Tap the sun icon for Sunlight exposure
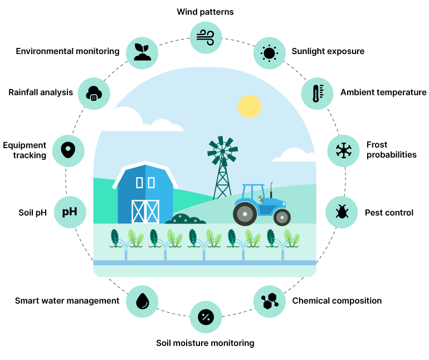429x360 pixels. [270, 52]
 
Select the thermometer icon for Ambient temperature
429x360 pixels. [317, 93]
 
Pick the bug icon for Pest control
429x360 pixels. [341, 212]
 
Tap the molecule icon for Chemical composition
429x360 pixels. [270, 301]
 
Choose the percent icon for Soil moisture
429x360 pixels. [206, 317]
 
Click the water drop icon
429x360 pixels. [143, 301]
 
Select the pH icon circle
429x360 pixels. [69, 212]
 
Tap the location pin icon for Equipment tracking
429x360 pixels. [68, 150]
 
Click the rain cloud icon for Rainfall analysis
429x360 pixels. [93, 93]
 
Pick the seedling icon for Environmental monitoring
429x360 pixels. [143, 51]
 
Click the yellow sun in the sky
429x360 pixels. [249, 106]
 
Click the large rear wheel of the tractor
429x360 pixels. [244, 213]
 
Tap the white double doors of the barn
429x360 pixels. [145, 211]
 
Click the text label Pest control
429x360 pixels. [389, 212]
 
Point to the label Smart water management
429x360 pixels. [67, 301]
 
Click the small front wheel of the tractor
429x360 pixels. [282, 217]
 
